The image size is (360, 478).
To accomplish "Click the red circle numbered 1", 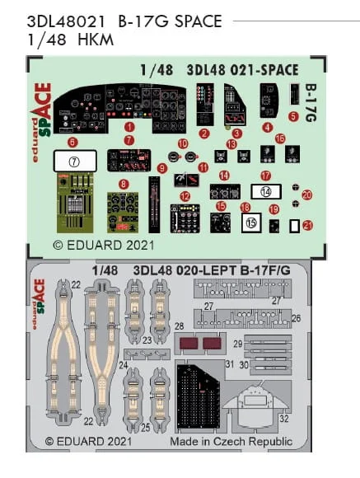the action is coord(129,127).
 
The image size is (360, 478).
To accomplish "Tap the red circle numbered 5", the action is coord(293,116).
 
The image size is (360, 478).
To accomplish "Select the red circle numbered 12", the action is coord(185,196).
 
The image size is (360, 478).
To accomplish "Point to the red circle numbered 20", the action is coord(307,194).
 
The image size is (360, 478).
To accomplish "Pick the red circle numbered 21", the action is coord(307,226).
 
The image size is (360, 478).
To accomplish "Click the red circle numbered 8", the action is coord(124,184).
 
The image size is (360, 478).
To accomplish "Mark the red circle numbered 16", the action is coord(280,138).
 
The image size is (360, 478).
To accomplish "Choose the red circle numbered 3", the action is coord(237,134).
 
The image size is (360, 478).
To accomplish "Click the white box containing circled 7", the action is coord(75,162).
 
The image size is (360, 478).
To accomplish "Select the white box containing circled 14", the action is coord(266,192).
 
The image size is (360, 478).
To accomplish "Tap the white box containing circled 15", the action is coord(251,223).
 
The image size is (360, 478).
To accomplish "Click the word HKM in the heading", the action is coord(96,40).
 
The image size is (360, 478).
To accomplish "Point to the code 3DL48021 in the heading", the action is coord(66,21).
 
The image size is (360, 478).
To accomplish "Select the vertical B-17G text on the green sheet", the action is coord(311,103).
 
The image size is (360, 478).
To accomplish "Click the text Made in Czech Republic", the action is coord(231,442).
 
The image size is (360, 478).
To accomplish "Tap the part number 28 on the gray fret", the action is coord(180,326).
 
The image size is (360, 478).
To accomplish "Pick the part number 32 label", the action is coord(283,419).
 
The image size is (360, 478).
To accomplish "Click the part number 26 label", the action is coord(296,318).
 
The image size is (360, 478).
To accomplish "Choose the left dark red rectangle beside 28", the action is coord(189,344).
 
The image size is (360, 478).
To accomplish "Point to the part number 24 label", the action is coord(123,365).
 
